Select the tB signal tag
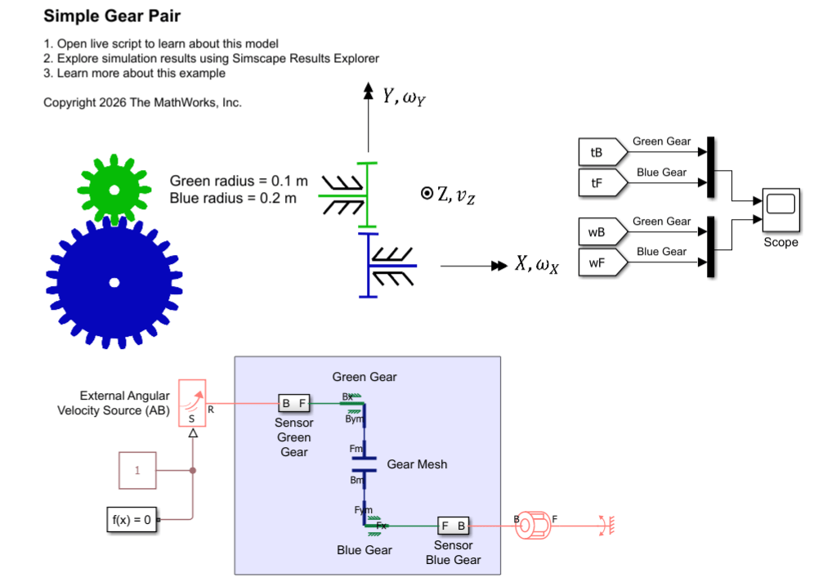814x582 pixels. pos(597,153)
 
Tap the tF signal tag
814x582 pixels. pos(597,182)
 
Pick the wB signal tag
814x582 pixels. pos(597,232)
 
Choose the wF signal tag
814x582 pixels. pos(597,262)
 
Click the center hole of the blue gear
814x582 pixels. pos(114,283)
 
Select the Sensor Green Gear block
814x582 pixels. pos(294,403)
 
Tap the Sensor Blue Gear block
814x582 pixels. pos(453,526)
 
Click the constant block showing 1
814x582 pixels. pos(138,471)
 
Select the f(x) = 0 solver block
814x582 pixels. pos(132,518)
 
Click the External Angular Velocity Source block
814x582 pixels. pos(192,403)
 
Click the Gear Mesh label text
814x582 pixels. pos(417,464)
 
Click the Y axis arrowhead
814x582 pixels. pos(368,90)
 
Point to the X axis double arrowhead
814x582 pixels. pos(499,266)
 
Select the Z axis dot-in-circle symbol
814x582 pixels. pos(426,194)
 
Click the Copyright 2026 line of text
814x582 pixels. pos(142,102)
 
